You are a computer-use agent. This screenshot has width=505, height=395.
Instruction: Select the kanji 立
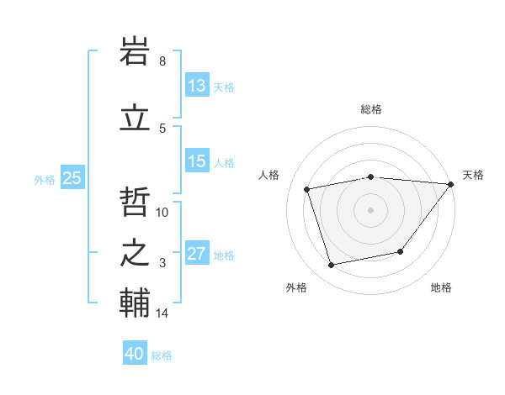[x=136, y=117]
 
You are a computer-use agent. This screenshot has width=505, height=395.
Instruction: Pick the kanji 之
[x=136, y=252]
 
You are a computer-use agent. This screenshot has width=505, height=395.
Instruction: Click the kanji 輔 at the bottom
[x=136, y=303]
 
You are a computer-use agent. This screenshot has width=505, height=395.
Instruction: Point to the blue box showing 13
[x=196, y=86]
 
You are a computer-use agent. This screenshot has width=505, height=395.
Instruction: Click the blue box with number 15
[x=196, y=161]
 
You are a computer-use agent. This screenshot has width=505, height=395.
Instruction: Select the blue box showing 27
[x=196, y=254]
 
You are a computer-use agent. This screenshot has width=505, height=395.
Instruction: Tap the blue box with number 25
[x=72, y=177]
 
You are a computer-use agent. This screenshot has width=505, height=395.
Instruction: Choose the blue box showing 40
[x=135, y=354]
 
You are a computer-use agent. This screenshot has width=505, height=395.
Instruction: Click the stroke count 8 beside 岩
[x=162, y=61]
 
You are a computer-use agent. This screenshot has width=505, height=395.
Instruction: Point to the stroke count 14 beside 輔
[x=162, y=313]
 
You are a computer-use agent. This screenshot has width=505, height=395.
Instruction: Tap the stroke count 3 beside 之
[x=162, y=263]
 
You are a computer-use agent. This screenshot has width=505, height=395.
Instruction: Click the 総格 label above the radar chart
[x=370, y=109]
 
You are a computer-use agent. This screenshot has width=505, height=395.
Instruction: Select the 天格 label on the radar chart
[x=473, y=175]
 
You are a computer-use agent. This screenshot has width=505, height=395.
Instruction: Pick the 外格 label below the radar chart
[x=296, y=287]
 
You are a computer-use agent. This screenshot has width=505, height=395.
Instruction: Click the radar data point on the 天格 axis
[x=450, y=184]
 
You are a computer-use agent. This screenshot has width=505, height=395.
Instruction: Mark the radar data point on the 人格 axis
[x=307, y=189]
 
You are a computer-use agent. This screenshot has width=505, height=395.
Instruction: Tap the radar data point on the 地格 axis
[x=401, y=251]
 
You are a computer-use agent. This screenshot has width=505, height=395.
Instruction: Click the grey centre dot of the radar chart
[x=370, y=209]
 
